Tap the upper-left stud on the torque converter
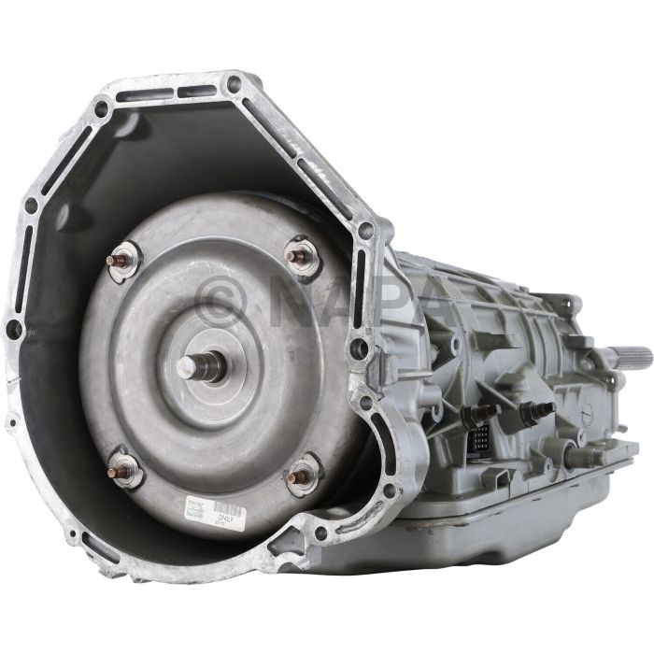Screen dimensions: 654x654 [123, 261]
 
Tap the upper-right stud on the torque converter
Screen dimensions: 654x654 [301, 256]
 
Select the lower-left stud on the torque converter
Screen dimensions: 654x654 [123, 467]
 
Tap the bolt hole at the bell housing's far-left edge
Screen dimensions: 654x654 [15, 329]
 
